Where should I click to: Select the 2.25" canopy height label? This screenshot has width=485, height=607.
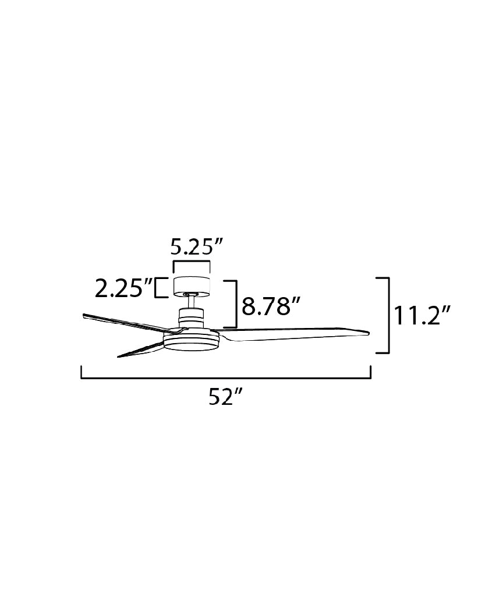coord(123,288)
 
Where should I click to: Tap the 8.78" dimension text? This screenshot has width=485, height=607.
coord(271,306)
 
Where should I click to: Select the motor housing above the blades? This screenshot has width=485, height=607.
coord(191,318)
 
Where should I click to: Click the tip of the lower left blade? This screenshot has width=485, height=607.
coord(119,355)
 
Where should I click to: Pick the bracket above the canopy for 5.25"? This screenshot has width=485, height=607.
coord(191,263)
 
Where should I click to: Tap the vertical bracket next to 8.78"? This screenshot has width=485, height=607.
coord(236,303)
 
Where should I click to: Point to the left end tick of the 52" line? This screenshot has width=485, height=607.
coord(82,372)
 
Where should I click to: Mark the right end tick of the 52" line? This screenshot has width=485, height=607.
coord(371,372)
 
